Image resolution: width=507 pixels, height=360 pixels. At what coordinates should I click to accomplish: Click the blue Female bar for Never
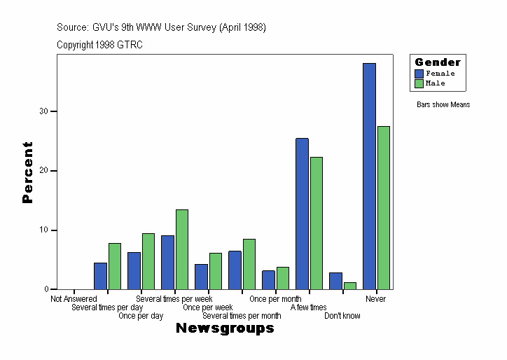pyautogui.click(x=369, y=176)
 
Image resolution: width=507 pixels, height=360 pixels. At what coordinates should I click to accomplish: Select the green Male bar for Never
pyautogui.click(x=383, y=207)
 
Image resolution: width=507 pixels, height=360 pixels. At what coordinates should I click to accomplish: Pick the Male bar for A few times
pyautogui.click(x=316, y=223)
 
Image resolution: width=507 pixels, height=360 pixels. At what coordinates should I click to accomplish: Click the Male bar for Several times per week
pyautogui.click(x=181, y=249)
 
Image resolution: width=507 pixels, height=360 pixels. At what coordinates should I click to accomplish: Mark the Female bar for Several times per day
pyautogui.click(x=100, y=276)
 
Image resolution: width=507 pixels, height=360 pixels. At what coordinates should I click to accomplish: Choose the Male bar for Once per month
pyautogui.click(x=282, y=278)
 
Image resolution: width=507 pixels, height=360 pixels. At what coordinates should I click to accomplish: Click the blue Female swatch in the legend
pyautogui.click(x=419, y=74)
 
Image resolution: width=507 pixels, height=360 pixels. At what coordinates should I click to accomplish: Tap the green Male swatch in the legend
pyautogui.click(x=419, y=83)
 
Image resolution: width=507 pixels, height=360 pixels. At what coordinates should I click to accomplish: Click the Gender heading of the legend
pyautogui.click(x=438, y=62)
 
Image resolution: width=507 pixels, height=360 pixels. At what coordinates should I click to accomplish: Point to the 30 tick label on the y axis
pyautogui.click(x=43, y=111)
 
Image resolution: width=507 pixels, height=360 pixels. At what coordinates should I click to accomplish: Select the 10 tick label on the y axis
pyautogui.click(x=43, y=230)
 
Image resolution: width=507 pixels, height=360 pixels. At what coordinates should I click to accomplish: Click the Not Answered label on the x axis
pyautogui.click(x=74, y=299)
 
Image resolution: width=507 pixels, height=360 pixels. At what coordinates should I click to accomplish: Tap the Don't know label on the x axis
pyautogui.click(x=342, y=316)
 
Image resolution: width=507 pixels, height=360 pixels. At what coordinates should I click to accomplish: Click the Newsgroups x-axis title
pyautogui.click(x=225, y=328)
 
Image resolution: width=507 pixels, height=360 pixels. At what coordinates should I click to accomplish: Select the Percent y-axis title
pyautogui.click(x=27, y=172)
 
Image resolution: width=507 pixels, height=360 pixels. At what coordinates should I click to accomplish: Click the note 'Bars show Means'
pyautogui.click(x=443, y=105)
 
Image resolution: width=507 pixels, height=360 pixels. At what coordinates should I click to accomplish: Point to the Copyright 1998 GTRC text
pyautogui.click(x=99, y=44)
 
